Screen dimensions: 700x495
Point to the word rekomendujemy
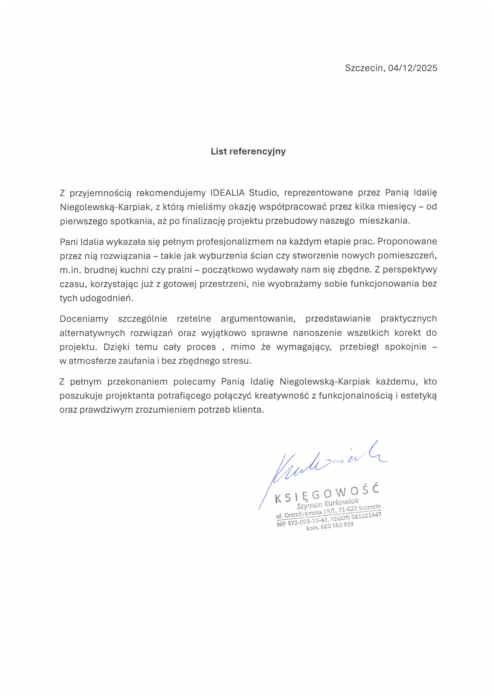171,193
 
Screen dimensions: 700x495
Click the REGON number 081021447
366,516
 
